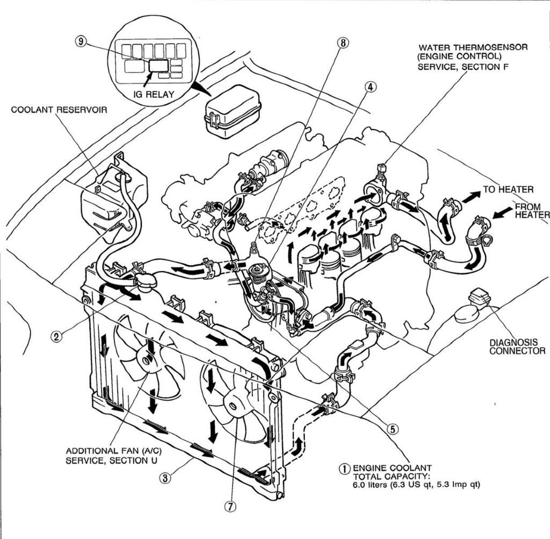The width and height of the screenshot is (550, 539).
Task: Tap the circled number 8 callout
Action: point(343,42)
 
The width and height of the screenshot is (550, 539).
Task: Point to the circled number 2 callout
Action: point(56,337)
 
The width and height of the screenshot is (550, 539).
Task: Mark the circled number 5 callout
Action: point(393,428)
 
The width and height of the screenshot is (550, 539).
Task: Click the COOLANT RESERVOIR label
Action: point(59,110)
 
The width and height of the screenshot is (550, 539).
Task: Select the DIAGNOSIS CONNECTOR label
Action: point(517,346)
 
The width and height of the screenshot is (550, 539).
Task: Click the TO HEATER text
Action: point(508,189)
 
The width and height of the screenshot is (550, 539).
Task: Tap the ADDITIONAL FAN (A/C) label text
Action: point(113,451)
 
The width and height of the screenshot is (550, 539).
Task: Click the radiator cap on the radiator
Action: point(146,281)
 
